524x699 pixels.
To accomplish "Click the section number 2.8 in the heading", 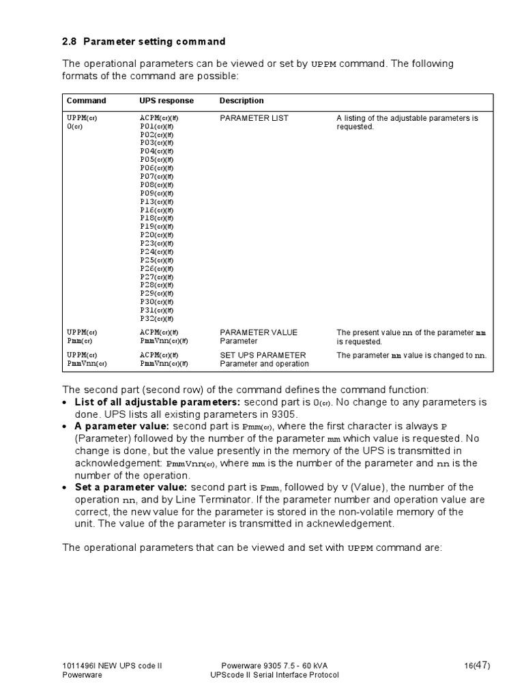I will point(70,42).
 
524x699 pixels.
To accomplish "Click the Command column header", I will point(86,101).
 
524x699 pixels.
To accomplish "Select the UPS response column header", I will point(166,101).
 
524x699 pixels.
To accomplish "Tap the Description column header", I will point(242,101).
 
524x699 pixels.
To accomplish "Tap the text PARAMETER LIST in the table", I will point(254,118).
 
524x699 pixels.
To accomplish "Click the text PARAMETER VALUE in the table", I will point(259,332).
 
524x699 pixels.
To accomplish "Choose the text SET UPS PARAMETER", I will point(263,355).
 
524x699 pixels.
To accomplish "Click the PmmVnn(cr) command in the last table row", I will point(87,364).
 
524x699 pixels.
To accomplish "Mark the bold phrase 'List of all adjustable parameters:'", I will point(157,402).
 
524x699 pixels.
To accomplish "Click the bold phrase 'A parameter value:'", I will point(117,427).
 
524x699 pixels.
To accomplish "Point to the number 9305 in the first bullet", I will point(286,414).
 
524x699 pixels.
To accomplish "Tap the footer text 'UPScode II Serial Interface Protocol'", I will point(274,675).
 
